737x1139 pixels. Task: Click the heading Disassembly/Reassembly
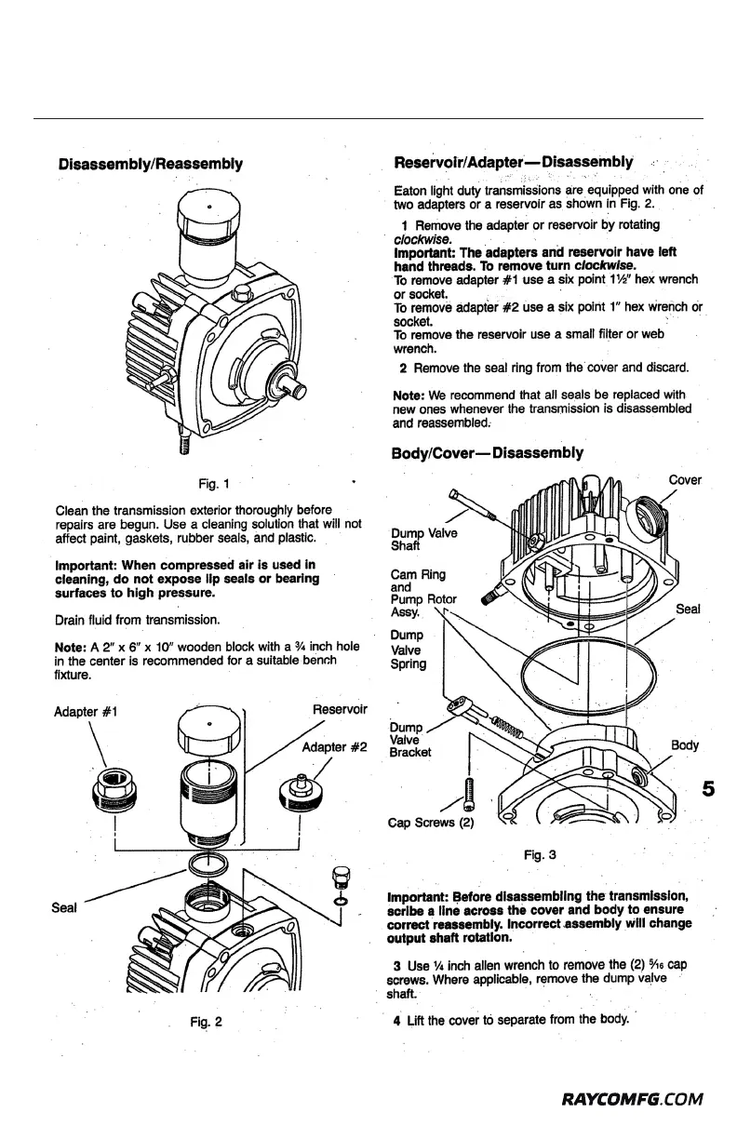pos(150,165)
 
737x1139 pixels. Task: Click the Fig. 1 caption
pos(214,483)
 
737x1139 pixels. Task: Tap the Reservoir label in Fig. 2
pos(341,711)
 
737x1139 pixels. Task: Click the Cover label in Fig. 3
pos(685,480)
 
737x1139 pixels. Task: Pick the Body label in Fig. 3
pos(684,745)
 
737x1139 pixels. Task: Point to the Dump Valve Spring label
pos(409,649)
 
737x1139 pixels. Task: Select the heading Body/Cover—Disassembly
pos(489,453)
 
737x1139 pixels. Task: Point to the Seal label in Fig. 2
pos(64,904)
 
